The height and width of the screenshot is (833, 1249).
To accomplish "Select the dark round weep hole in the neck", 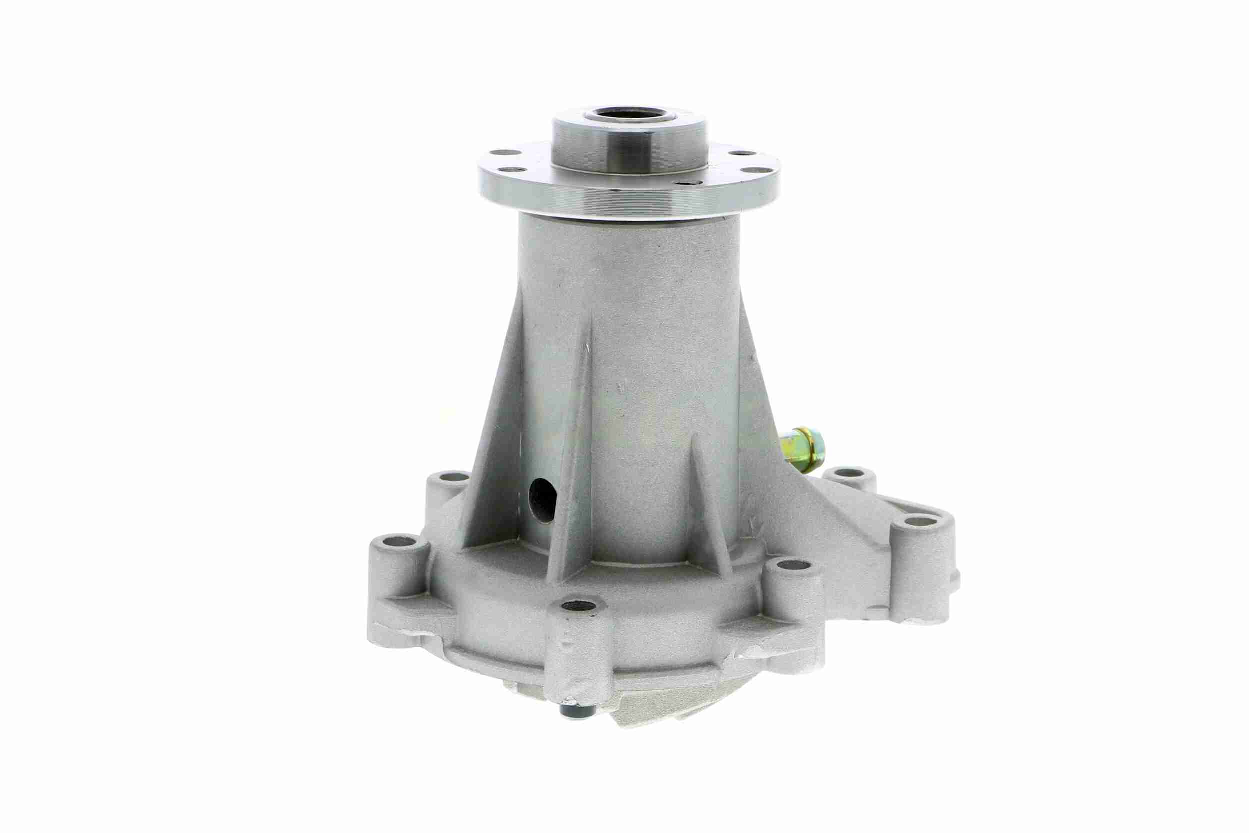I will coord(543,500).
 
